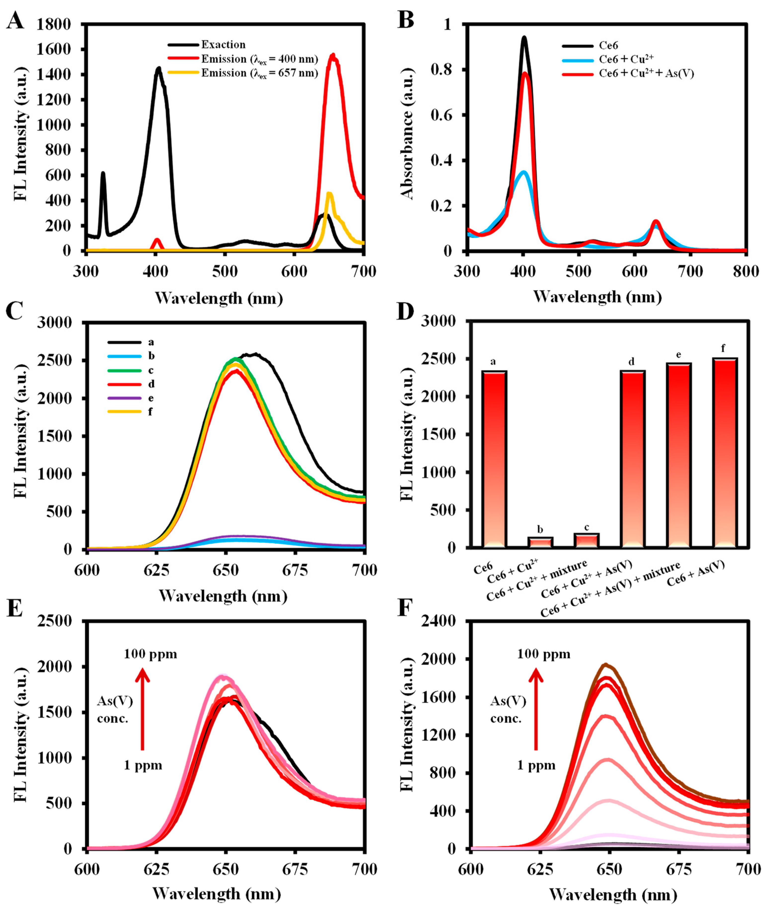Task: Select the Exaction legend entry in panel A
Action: (x=223, y=44)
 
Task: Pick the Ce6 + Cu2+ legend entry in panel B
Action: (x=626, y=59)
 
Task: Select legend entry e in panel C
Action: (x=151, y=398)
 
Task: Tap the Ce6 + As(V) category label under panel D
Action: (x=695, y=573)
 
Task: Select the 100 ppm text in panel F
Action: (x=543, y=654)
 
